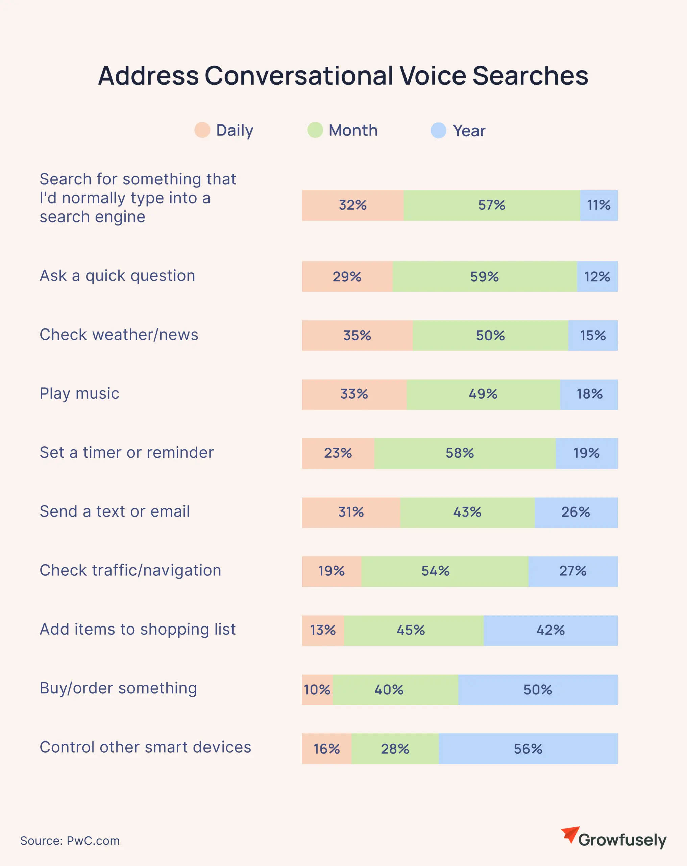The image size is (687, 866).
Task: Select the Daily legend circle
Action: click(202, 130)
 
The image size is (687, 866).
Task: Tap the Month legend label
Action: click(353, 130)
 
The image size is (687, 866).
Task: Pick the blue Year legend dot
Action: click(438, 131)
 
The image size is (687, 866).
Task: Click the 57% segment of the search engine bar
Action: click(492, 205)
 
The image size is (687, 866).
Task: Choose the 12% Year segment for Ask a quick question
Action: click(597, 277)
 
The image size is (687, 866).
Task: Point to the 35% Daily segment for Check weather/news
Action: click(357, 335)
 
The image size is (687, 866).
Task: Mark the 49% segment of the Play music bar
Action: click(483, 394)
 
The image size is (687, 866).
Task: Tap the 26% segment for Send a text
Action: click(576, 512)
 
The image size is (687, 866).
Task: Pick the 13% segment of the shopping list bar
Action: click(323, 630)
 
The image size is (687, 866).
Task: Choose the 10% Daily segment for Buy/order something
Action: click(317, 690)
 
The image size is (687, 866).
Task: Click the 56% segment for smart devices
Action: click(528, 749)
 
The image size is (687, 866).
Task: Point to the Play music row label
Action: click(79, 394)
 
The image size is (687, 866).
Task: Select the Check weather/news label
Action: click(119, 335)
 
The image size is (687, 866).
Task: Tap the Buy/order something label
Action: click(118, 688)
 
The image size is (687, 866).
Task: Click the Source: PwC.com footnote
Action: click(70, 840)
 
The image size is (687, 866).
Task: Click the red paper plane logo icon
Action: click(570, 834)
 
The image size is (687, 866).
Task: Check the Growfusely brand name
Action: click(622, 840)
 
